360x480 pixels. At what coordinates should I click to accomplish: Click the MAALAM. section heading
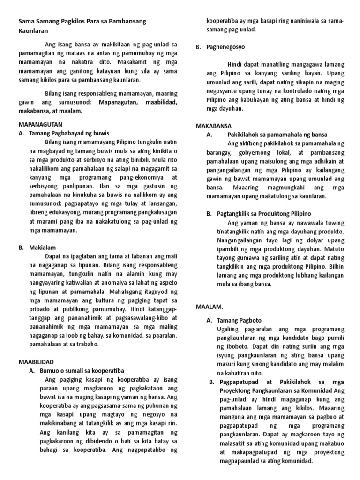(210, 307)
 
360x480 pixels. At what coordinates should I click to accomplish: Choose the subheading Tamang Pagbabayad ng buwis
(72, 134)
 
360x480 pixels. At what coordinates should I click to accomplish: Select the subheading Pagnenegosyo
(225, 47)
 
